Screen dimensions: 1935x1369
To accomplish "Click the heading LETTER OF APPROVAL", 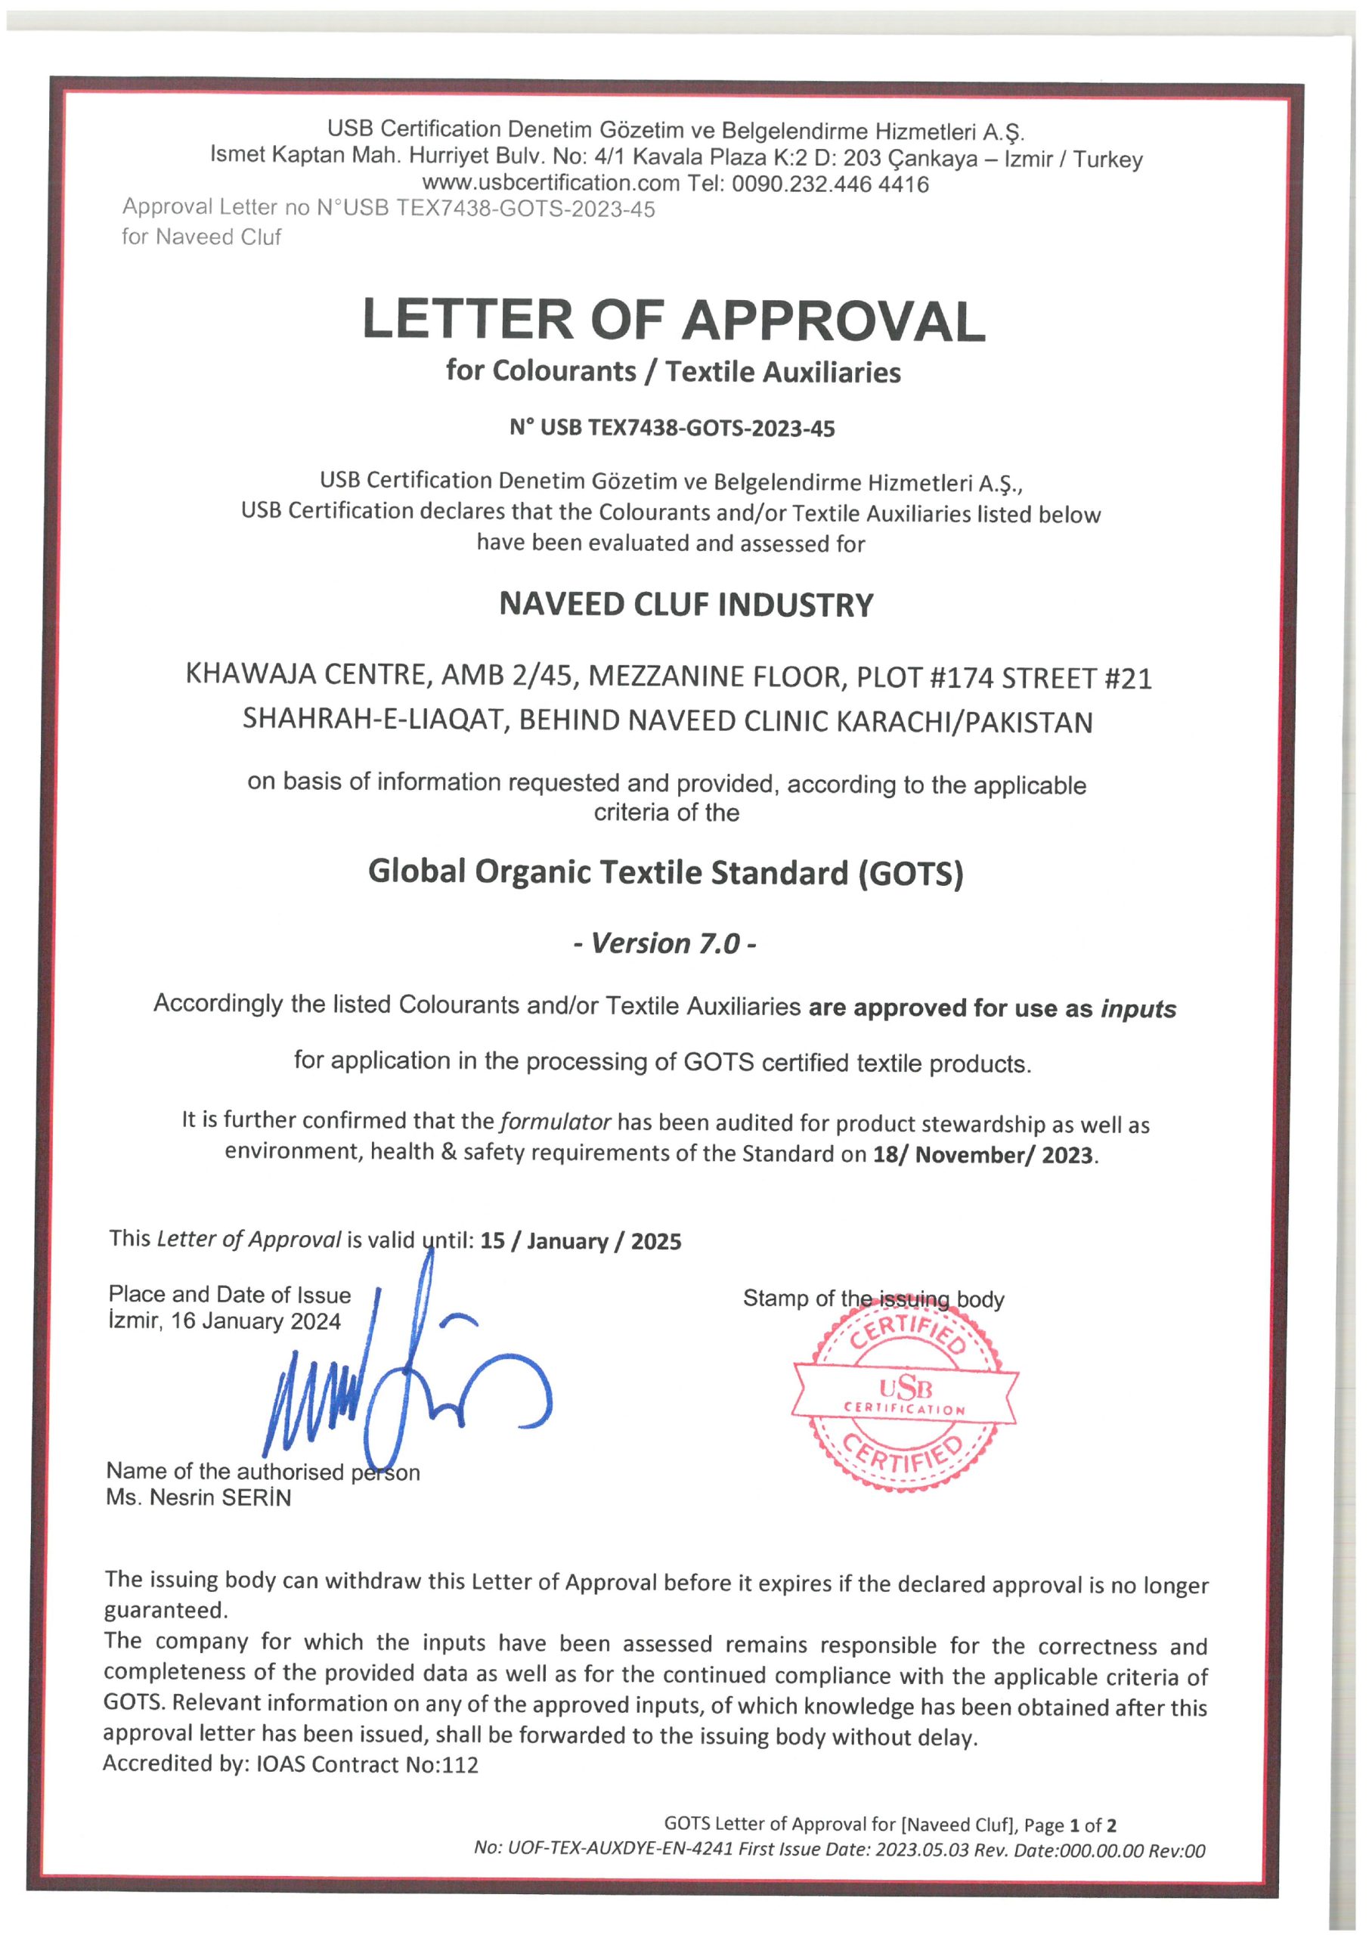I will [673, 321].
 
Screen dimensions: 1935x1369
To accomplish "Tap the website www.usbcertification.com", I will [550, 184].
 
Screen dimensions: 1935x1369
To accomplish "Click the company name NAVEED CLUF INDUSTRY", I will [686, 605].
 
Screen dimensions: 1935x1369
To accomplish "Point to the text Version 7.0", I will [664, 943].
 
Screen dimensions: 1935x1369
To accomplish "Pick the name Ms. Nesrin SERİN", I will [198, 1497].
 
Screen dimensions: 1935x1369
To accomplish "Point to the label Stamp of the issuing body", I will [872, 1299].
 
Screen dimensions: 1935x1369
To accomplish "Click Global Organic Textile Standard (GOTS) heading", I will [665, 872].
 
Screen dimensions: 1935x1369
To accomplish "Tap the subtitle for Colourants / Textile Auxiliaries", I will [673, 372].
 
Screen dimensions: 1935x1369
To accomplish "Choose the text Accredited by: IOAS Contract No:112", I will [290, 1764].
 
